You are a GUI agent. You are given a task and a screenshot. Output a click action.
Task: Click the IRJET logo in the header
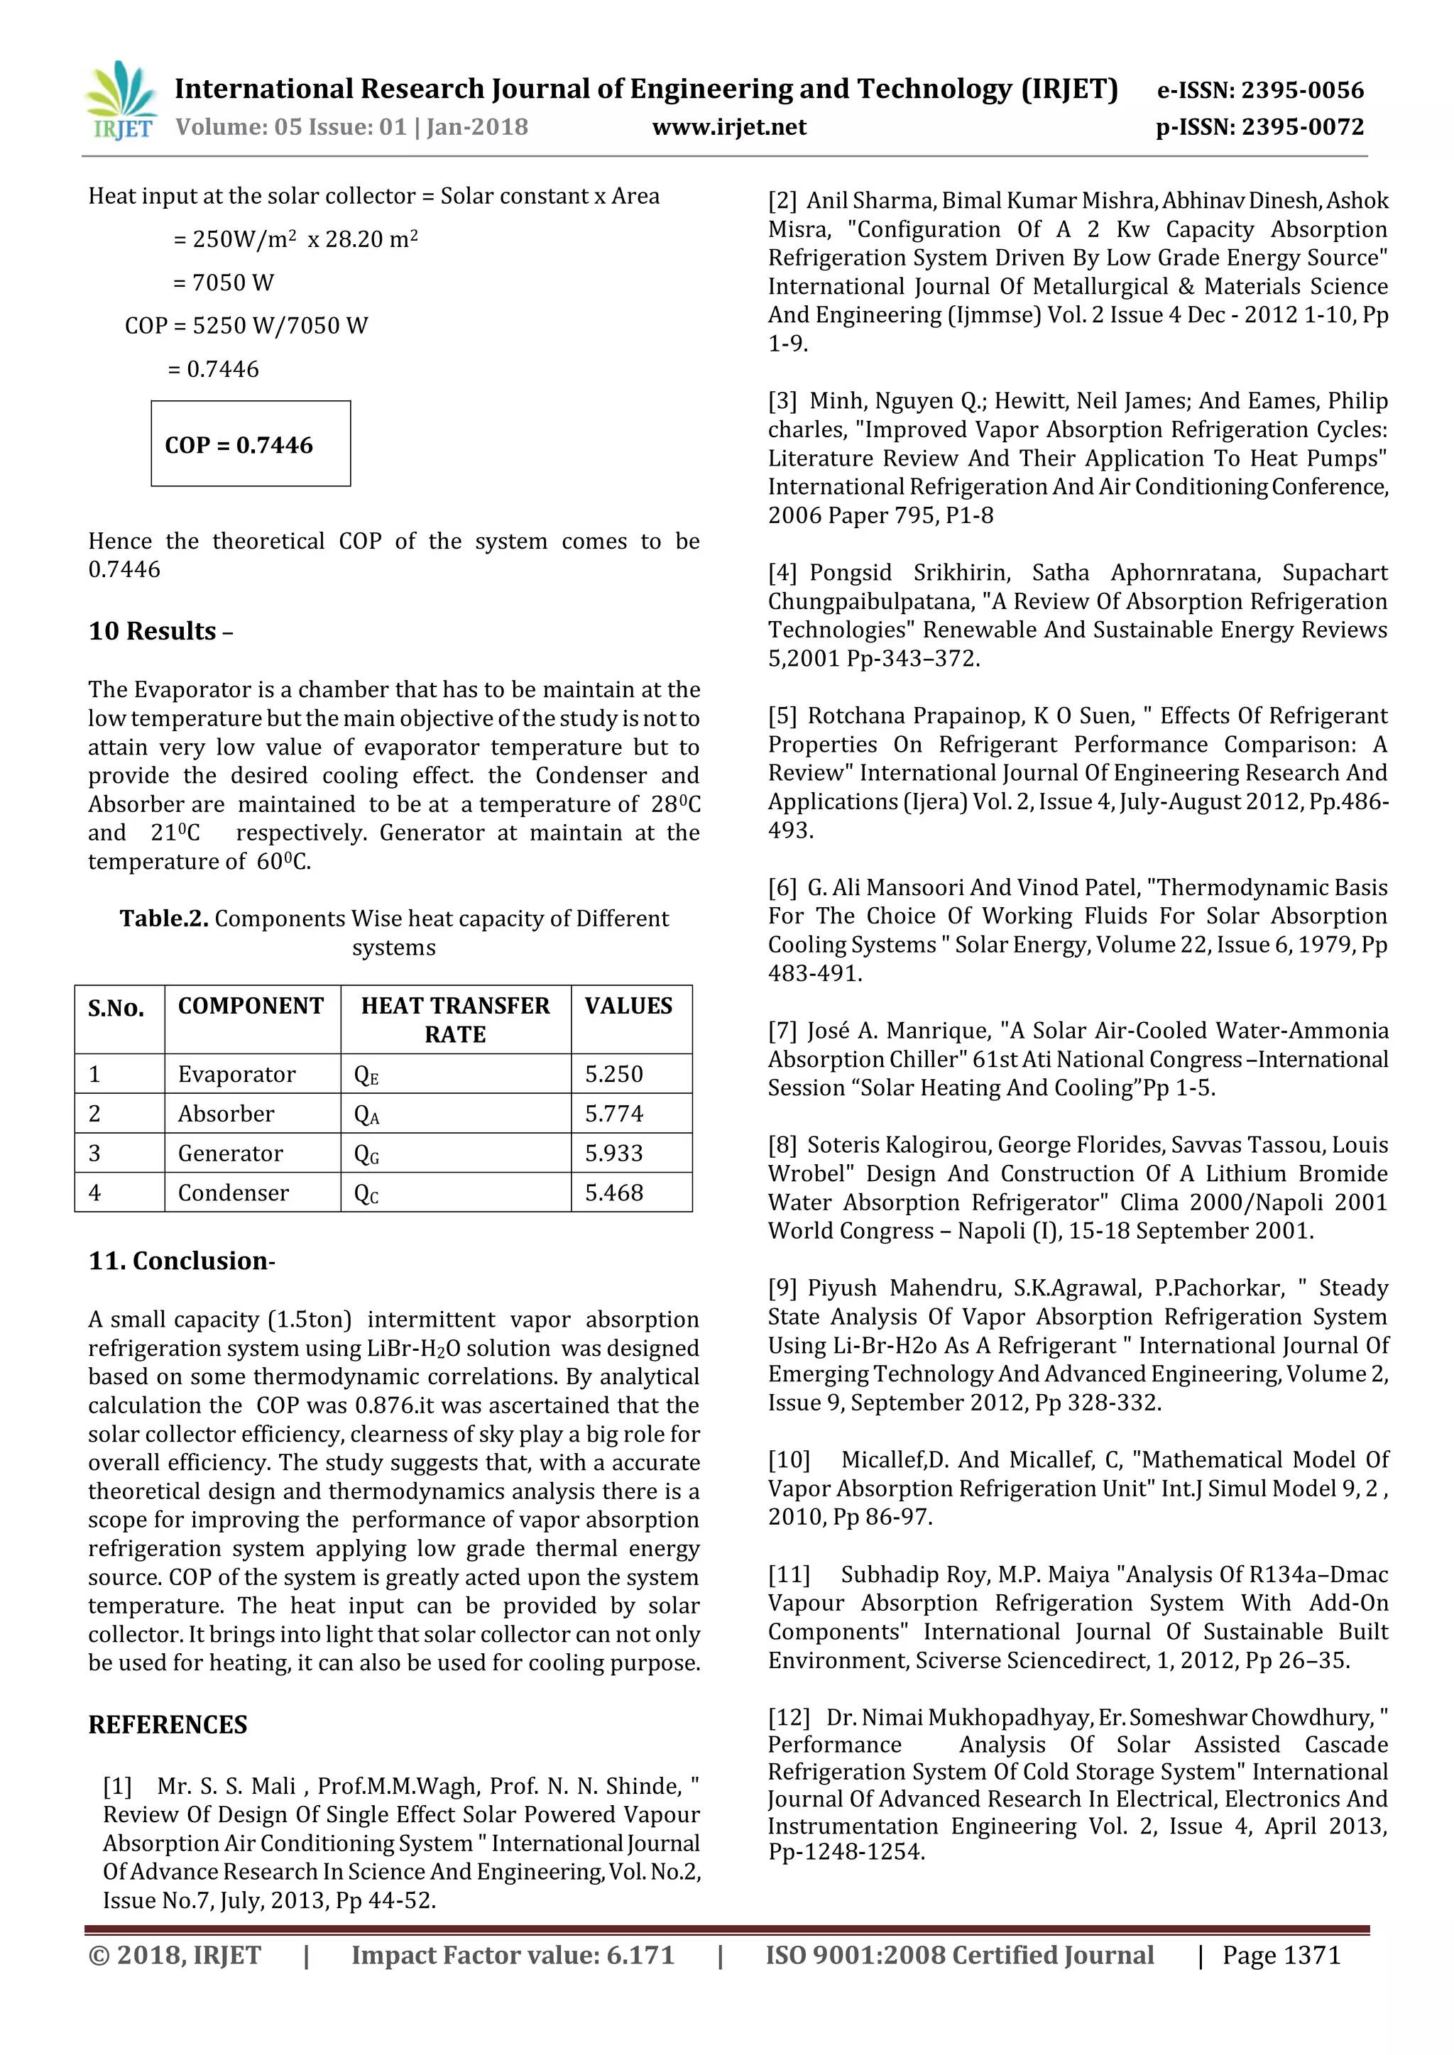(121, 101)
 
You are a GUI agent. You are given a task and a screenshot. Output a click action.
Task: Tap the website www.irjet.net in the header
(729, 127)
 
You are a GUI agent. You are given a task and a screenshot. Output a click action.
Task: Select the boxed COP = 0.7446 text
(239, 445)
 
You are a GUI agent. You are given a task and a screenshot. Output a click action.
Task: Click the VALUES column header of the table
(628, 1006)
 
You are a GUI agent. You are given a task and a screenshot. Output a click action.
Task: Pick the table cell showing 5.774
(614, 1114)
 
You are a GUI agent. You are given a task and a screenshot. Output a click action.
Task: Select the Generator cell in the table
(230, 1153)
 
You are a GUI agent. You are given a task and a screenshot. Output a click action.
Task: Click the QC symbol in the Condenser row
(366, 1193)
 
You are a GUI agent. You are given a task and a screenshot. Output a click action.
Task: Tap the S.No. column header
(116, 1009)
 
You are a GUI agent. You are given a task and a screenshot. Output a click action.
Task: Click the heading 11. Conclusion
(182, 1261)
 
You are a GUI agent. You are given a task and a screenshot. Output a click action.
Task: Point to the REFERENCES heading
(168, 1725)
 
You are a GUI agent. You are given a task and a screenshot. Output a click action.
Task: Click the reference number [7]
(782, 1031)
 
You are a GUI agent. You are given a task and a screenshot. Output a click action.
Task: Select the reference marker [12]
(788, 1718)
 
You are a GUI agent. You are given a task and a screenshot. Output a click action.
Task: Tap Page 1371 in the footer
(1281, 1955)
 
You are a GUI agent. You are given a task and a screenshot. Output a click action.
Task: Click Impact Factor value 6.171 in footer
(512, 1955)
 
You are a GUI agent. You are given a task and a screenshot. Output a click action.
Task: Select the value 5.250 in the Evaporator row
(614, 1074)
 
